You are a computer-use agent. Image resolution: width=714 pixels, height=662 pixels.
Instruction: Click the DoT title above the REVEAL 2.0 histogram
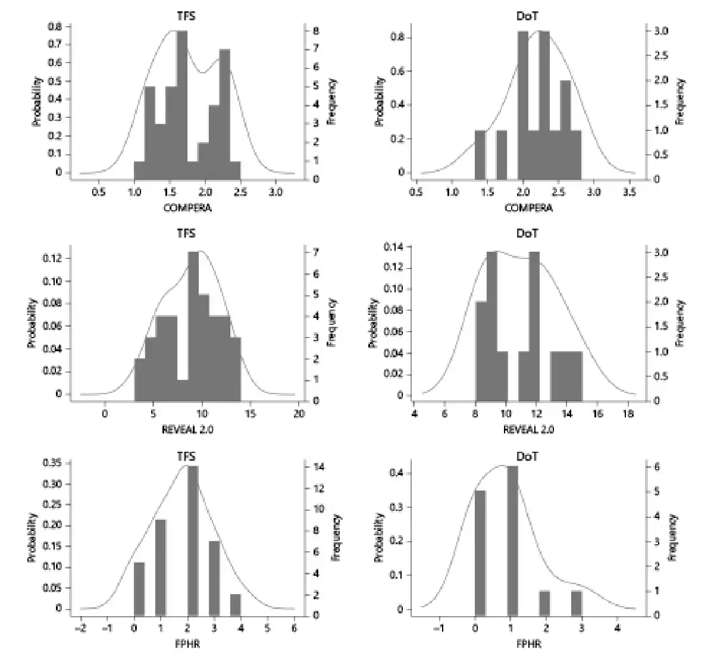click(527, 234)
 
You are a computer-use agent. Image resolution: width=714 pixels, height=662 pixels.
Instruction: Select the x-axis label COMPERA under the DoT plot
click(528, 208)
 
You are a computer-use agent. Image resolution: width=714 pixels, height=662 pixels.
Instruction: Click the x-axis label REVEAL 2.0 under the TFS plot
click(187, 429)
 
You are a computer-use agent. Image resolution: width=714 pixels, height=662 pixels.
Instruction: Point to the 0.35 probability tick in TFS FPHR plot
click(54, 463)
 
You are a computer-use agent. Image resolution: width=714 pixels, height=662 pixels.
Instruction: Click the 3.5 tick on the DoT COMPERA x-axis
click(629, 192)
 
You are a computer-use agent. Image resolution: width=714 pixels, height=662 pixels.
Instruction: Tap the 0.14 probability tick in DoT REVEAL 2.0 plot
click(394, 246)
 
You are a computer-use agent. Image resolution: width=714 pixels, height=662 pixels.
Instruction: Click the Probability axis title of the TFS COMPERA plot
click(37, 101)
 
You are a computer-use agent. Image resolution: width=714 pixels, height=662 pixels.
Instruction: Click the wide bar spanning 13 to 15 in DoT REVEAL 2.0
click(566, 376)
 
